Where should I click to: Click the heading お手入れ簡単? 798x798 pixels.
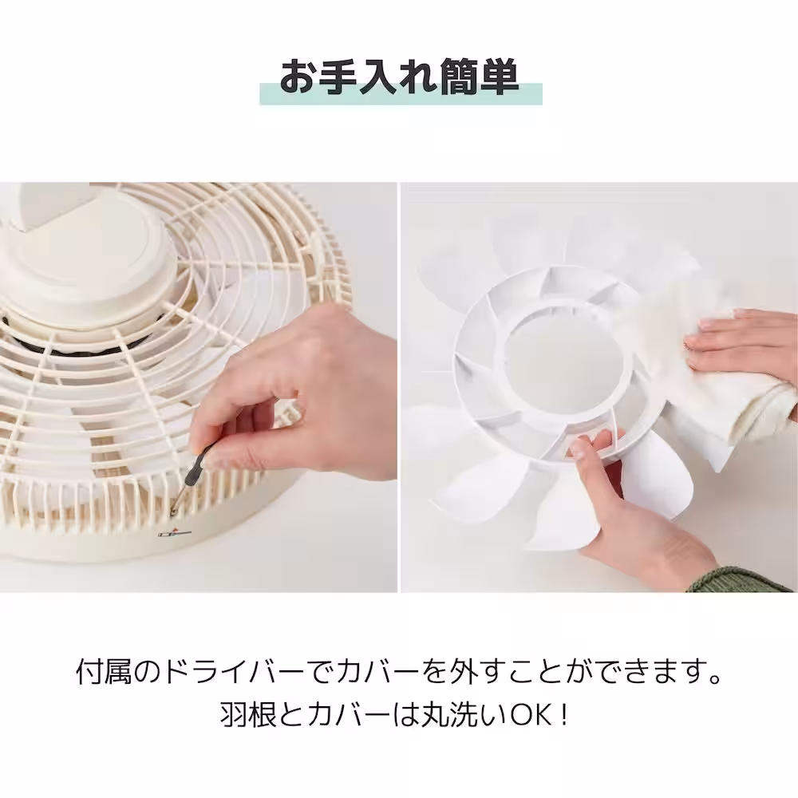click(400, 77)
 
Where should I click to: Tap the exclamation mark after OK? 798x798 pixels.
click(564, 713)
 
